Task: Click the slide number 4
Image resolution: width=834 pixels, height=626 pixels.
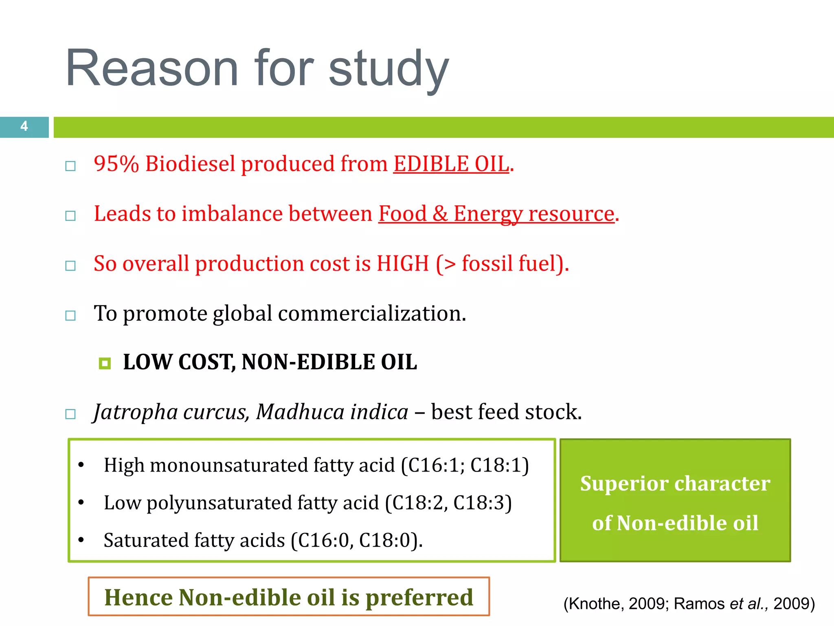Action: (x=24, y=126)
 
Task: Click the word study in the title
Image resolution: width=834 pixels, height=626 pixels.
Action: (x=388, y=68)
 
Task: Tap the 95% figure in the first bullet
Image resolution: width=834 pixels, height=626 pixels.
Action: (x=116, y=164)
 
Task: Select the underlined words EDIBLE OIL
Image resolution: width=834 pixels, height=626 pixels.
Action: (x=451, y=164)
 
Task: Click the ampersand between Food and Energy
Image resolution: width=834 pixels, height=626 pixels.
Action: (x=440, y=214)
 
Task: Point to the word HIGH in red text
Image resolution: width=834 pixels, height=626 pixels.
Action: (x=403, y=263)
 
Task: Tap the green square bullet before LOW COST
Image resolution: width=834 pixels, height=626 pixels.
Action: (x=105, y=363)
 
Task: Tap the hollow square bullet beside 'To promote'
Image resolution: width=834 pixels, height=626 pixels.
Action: (x=70, y=315)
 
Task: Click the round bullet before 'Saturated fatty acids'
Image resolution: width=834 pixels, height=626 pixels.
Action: (x=81, y=540)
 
